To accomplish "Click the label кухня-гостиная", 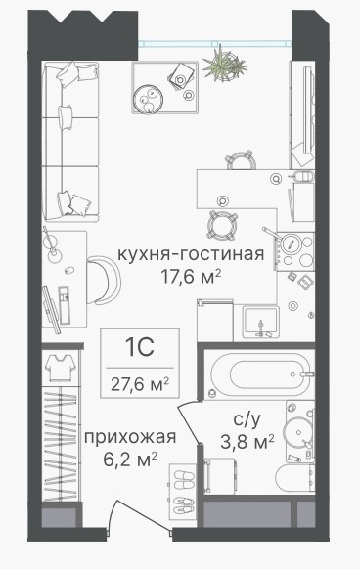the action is [x=191, y=254].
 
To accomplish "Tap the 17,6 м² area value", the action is [x=191, y=277].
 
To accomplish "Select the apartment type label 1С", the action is [x=140, y=347].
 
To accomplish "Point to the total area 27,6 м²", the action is [x=140, y=384].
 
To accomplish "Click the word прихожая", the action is [x=130, y=438].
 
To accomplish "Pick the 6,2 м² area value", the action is [x=130, y=460].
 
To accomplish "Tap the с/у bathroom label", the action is [x=247, y=420].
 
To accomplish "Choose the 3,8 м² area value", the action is [x=247, y=442].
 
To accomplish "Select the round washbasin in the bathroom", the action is [x=297, y=432].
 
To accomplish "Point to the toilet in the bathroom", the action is [x=295, y=477].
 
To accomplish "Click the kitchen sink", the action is [x=261, y=321].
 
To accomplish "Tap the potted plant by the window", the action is [x=223, y=66].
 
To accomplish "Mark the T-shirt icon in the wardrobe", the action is [x=61, y=367].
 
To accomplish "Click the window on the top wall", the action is [x=214, y=44].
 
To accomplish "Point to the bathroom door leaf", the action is [x=189, y=423].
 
